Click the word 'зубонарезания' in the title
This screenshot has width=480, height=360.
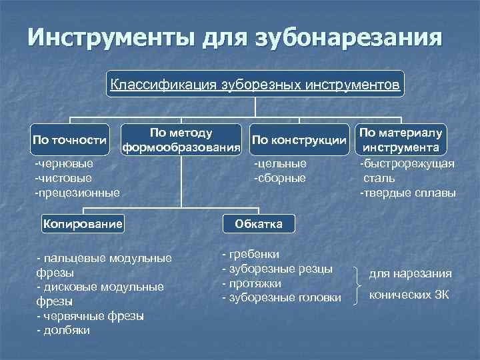click(x=347, y=37)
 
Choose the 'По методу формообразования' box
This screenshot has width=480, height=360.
click(x=181, y=140)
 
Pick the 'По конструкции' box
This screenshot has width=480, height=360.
click(x=300, y=140)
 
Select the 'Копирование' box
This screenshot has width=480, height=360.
click(x=83, y=223)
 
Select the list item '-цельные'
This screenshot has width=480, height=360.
click(x=280, y=163)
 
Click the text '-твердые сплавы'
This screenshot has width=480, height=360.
click(x=408, y=193)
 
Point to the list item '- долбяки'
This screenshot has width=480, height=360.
click(x=63, y=330)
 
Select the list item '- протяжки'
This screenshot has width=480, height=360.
click(x=251, y=283)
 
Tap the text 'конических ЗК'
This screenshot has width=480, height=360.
click(x=409, y=294)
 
